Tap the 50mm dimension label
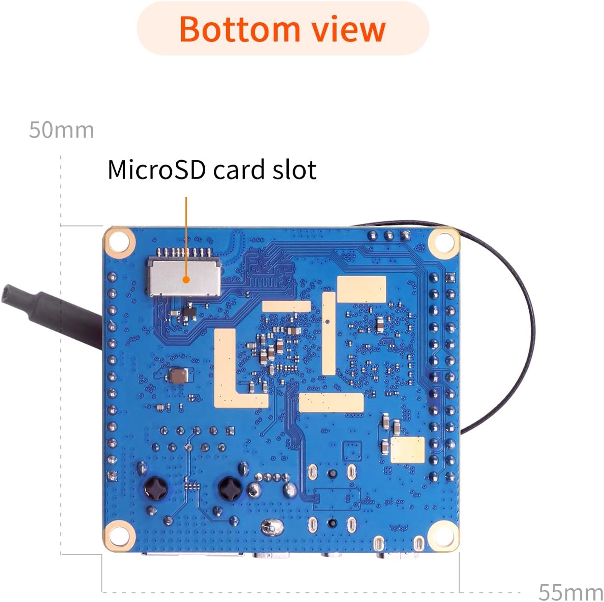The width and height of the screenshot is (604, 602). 61,130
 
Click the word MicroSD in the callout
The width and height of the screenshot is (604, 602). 156,169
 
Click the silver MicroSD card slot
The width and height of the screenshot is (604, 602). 184,278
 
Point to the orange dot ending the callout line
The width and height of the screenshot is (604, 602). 186,280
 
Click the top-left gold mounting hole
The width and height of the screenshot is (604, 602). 120,242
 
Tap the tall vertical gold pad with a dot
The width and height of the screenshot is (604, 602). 328,333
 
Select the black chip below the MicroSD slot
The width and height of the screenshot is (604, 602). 190,312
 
